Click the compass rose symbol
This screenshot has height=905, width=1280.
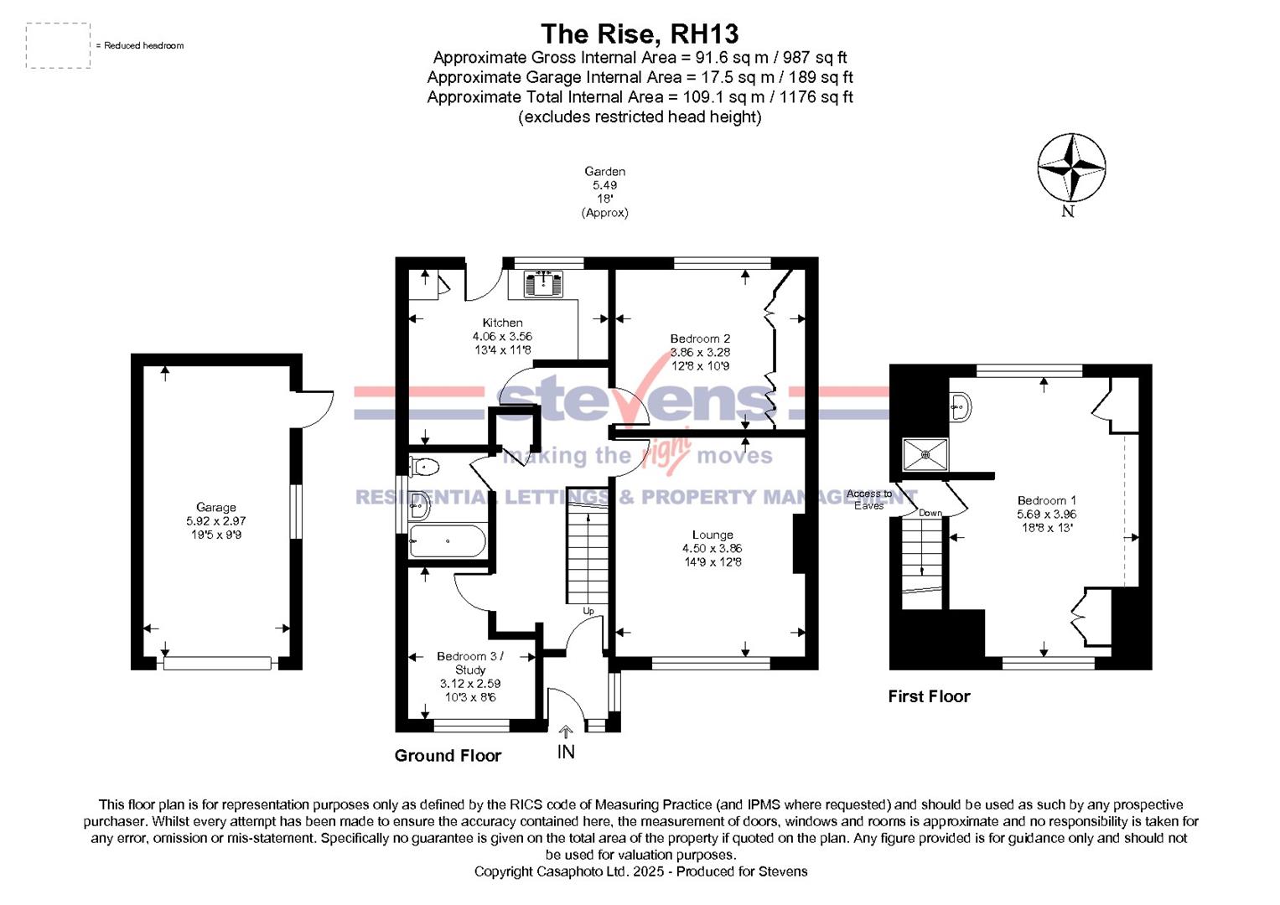[x=1070, y=168]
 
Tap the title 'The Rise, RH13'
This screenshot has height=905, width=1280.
[x=640, y=34]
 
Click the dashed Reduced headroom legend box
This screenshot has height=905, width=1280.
[x=58, y=45]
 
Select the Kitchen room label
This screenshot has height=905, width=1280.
[x=502, y=323]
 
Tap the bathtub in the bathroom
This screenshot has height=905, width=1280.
[x=448, y=541]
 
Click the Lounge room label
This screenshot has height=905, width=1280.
[x=713, y=535]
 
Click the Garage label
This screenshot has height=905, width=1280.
[x=215, y=507]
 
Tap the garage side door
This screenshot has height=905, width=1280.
[x=316, y=411]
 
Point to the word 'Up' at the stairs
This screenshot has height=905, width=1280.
[x=588, y=611]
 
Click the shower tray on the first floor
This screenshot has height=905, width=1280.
[x=925, y=454]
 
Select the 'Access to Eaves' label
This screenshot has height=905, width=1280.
[x=869, y=499]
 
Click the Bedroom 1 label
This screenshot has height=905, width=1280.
[x=1046, y=500]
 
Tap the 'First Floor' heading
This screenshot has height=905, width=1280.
[x=929, y=696]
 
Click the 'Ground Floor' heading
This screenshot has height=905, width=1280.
[x=448, y=756]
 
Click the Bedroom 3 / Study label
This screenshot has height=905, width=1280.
[x=470, y=663]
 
